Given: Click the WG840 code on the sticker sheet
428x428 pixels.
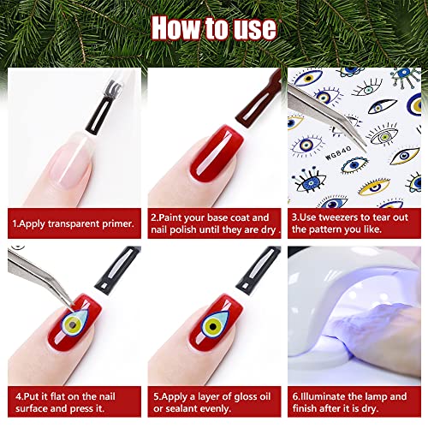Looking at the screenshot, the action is (x=338, y=153).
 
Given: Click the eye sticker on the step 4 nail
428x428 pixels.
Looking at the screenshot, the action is (x=74, y=323).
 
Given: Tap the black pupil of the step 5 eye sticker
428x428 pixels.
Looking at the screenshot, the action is (x=212, y=326).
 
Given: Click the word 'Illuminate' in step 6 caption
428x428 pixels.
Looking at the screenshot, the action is (x=323, y=396).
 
